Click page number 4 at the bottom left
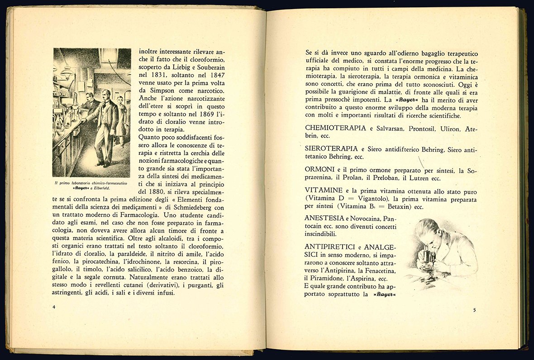pos(54,307)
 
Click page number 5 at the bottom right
pos(474,310)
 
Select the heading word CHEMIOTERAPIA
pos(335,128)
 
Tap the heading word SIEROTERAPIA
pos(332,148)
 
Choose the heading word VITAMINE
pos(323,190)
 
